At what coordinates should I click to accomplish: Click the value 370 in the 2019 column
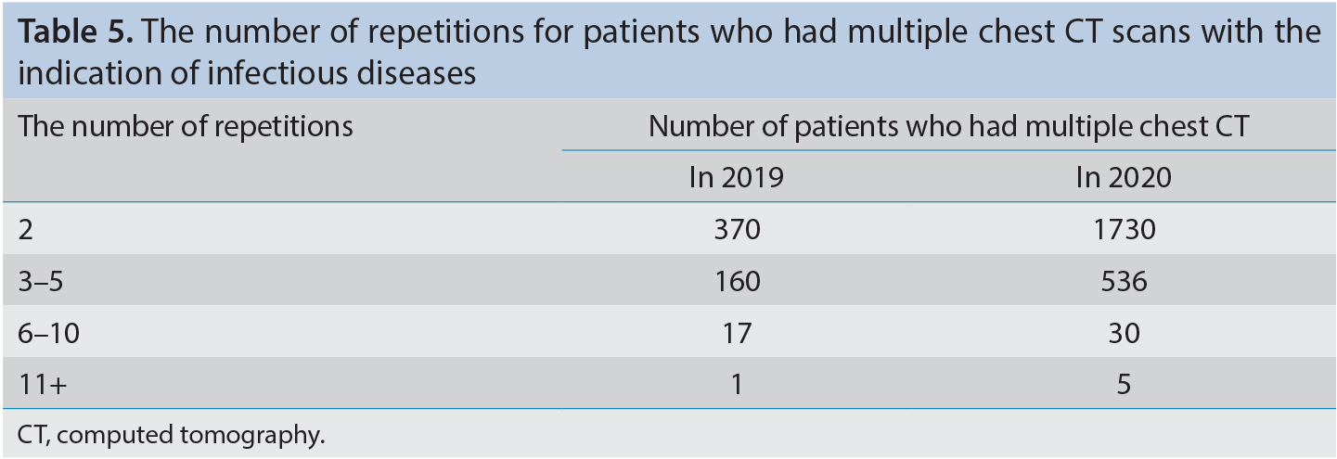tap(737, 229)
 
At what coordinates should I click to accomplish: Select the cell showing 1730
tap(1125, 229)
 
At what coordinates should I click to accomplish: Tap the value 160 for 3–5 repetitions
tap(737, 281)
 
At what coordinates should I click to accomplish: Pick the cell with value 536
tap(1124, 281)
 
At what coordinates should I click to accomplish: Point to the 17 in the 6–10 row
tap(737, 333)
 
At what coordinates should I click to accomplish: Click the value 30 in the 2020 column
tap(1124, 333)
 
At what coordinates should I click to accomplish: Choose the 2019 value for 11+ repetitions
tap(737, 385)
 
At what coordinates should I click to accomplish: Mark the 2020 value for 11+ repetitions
tap(1124, 385)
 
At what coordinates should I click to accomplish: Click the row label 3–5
tap(41, 281)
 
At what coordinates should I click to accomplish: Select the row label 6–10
tap(48, 333)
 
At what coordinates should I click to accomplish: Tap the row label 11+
tap(43, 385)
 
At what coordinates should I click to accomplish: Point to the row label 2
tap(26, 229)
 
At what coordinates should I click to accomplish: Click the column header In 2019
tap(736, 177)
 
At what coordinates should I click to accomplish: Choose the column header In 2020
tap(1124, 177)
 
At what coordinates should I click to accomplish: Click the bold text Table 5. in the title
tap(75, 32)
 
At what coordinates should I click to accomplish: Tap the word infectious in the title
tap(276, 73)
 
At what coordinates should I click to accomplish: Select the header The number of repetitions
tap(185, 126)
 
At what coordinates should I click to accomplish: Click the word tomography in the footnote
tap(251, 435)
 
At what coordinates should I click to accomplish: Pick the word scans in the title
tap(1152, 32)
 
